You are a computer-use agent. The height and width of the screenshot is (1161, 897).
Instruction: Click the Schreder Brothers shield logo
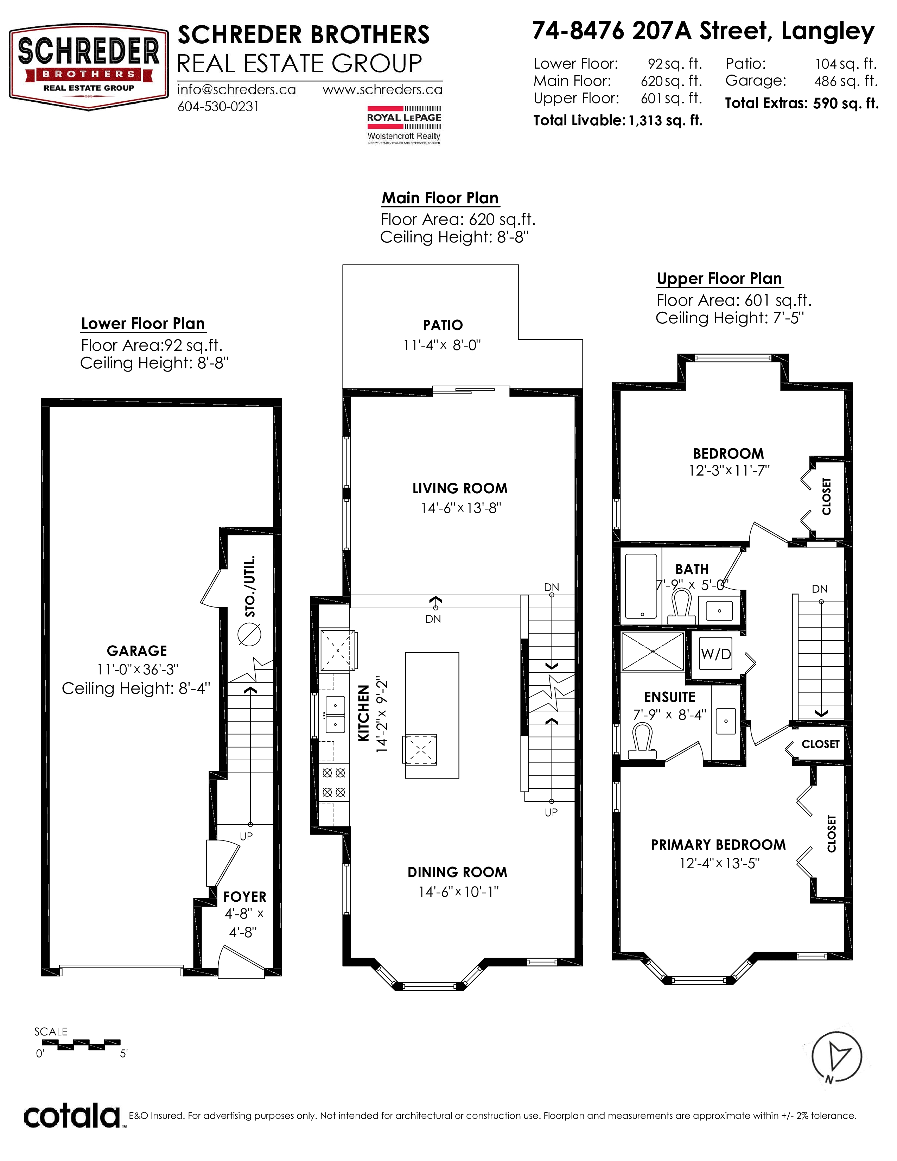(89, 68)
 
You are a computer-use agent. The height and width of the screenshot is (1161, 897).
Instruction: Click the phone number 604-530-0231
(218, 107)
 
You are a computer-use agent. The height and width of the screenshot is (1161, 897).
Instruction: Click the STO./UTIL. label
(250, 586)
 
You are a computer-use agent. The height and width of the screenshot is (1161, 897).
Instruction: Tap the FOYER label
(244, 897)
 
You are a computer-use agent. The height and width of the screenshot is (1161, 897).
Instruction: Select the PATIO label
(443, 325)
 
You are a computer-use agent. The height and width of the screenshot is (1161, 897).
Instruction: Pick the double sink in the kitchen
(335, 715)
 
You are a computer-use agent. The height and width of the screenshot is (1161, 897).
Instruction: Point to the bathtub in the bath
(641, 586)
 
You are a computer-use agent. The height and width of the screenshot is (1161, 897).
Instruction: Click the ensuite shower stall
(653, 651)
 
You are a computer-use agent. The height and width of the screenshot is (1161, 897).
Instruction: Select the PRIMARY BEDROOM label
(718, 845)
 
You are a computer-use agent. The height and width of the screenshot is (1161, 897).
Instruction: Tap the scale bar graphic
(81, 1045)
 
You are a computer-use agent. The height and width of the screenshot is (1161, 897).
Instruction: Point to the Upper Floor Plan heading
(719, 279)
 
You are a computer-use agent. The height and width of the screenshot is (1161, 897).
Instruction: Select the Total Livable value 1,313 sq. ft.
(665, 121)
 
